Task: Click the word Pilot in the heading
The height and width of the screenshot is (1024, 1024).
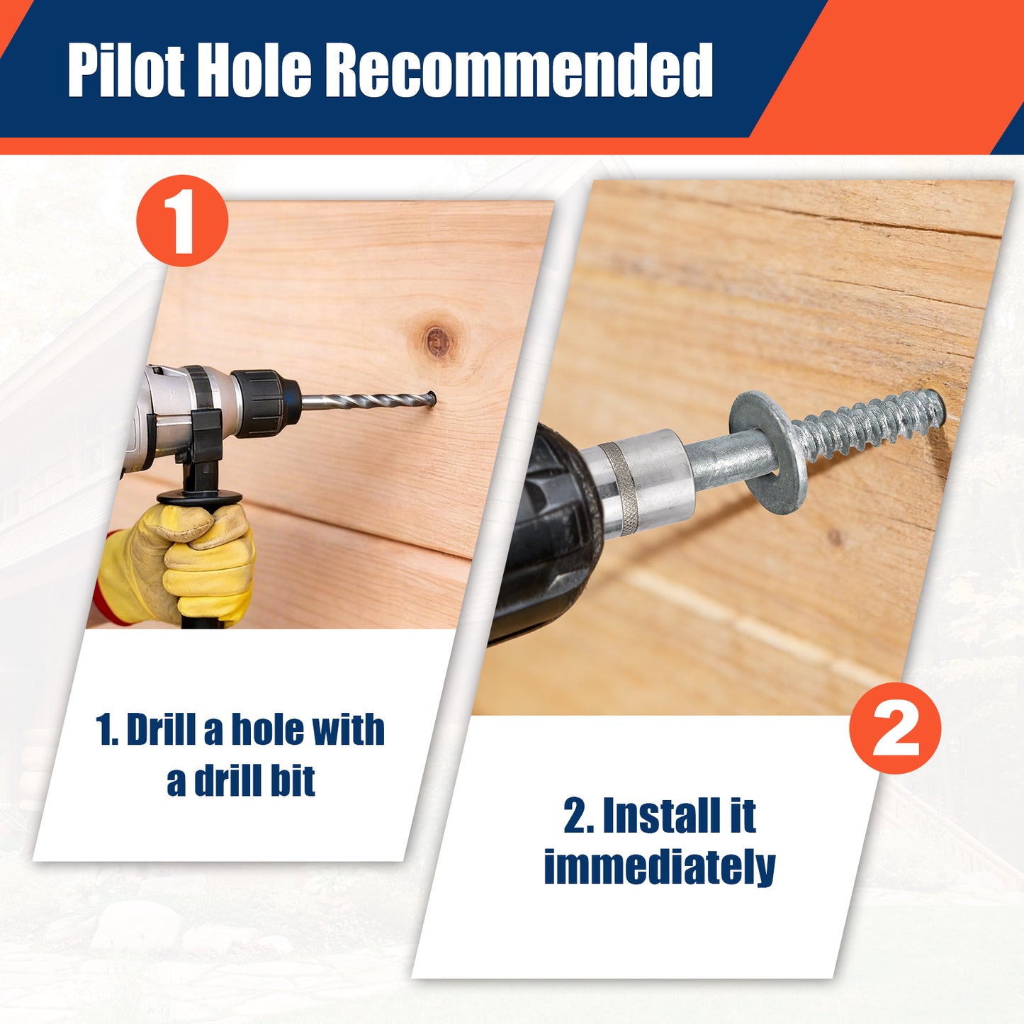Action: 126,71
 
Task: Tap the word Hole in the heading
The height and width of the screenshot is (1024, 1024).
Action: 256,71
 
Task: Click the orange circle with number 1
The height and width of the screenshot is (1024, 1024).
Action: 182,220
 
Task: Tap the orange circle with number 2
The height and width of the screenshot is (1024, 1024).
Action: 895,728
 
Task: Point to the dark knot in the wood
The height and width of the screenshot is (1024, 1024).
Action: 437,340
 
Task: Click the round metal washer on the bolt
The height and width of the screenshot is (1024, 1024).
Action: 768,445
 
